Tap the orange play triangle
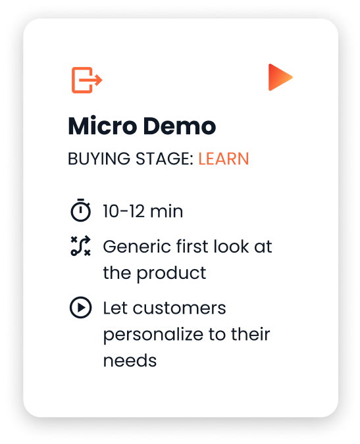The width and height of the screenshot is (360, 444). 279,78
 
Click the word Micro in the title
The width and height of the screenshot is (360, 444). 99,126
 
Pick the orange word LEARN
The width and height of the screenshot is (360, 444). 224,159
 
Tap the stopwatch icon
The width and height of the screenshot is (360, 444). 80,211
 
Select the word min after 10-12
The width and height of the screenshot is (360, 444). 167,212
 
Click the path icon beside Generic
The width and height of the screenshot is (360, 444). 80,247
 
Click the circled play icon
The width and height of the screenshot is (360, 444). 80,308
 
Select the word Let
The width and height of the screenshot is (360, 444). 115,308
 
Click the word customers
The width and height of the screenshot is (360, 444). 178,308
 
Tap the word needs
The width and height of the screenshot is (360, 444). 130,360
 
